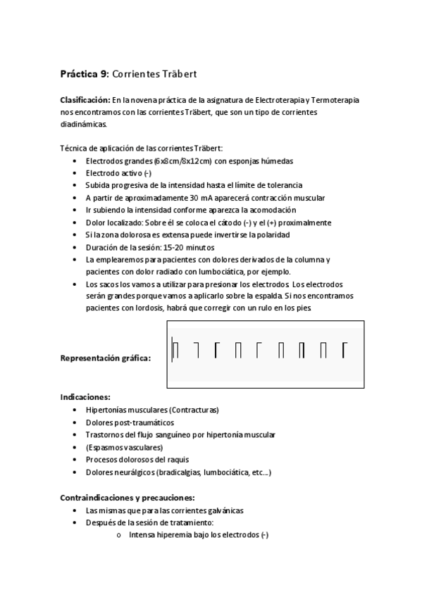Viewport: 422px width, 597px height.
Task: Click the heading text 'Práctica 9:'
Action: [85, 74]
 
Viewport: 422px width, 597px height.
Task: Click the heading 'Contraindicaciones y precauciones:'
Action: [122, 498]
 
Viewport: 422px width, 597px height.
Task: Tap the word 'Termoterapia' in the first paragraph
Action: [335, 100]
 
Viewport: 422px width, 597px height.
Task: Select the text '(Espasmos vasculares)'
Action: [124, 447]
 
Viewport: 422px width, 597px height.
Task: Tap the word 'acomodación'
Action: [273, 210]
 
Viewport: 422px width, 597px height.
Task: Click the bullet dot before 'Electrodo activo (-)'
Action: [75, 173]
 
